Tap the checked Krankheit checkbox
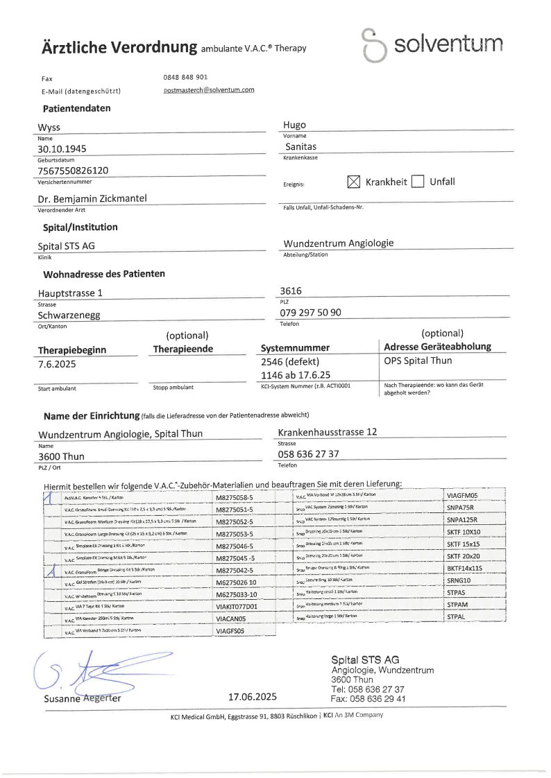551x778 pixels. [x=354, y=182]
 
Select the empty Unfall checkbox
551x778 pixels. [x=417, y=182]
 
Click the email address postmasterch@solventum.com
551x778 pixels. [x=209, y=90]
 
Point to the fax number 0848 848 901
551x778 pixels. [x=185, y=77]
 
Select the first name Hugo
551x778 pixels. [x=294, y=125]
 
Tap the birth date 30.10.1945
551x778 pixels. [x=62, y=148]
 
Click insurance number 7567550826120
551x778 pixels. [x=73, y=171]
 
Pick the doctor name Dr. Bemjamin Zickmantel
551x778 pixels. [x=92, y=199]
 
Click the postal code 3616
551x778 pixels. [x=291, y=291]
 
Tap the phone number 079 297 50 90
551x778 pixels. [x=310, y=313]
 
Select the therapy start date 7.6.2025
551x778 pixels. [x=57, y=363]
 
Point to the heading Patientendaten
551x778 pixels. [x=76, y=109]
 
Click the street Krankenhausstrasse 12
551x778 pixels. [x=327, y=432]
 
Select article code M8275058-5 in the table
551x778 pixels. [x=236, y=498]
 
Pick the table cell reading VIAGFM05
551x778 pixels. [x=463, y=496]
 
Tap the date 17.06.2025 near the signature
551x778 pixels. [x=253, y=697]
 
